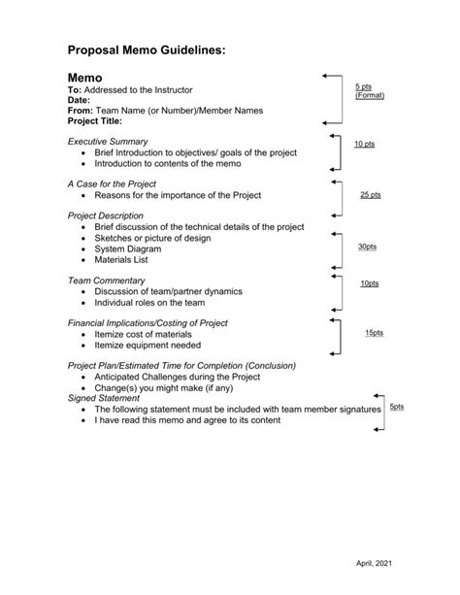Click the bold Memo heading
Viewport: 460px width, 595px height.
click(89, 75)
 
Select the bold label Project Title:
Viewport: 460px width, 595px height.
click(95, 122)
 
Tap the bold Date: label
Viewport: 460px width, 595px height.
click(79, 100)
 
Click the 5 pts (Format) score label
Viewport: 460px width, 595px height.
click(369, 91)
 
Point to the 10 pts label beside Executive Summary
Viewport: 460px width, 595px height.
click(364, 144)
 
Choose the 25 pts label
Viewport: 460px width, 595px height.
click(370, 194)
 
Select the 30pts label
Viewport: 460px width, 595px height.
click(367, 247)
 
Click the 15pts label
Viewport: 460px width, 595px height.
click(374, 333)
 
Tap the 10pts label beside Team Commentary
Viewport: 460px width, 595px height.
click(369, 283)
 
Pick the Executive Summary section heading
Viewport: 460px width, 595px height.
click(108, 142)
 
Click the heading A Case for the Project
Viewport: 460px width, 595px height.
click(112, 184)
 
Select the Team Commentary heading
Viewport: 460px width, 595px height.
click(106, 281)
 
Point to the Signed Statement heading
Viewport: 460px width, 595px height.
click(104, 398)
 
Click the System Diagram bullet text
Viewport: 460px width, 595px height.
click(130, 248)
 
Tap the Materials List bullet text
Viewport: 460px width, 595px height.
click(123, 260)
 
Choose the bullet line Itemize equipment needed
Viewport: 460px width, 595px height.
click(148, 345)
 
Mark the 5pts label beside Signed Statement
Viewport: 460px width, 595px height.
click(397, 407)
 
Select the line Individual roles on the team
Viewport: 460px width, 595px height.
click(149, 302)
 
